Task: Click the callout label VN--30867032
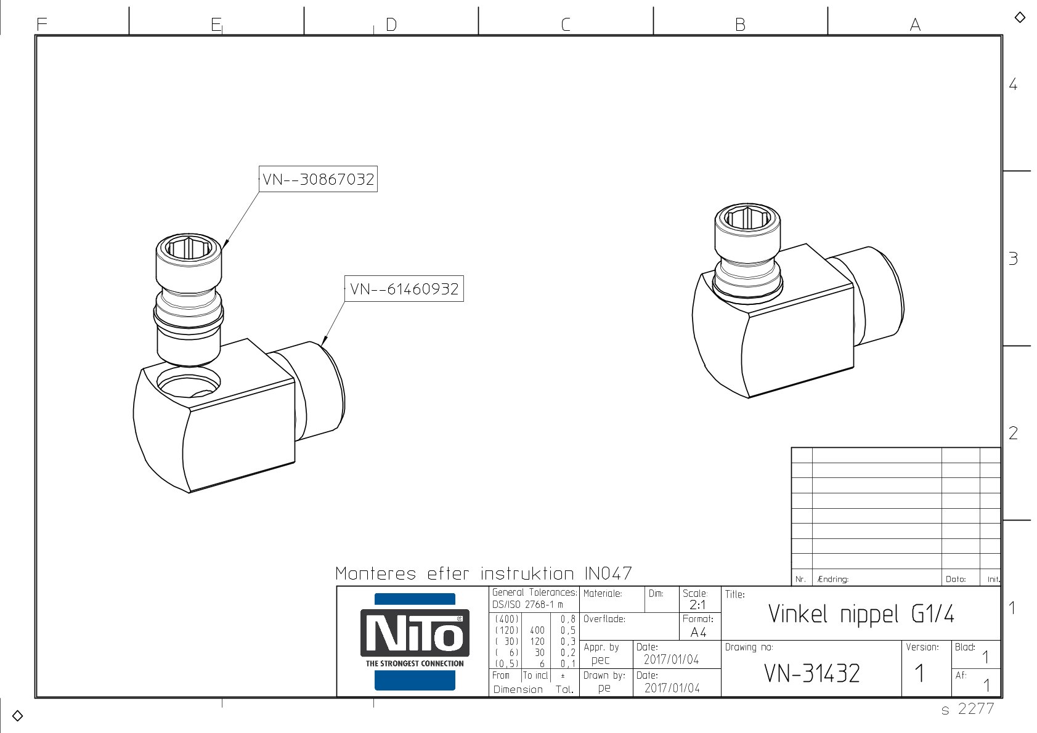click(318, 179)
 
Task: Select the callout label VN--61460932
click(404, 289)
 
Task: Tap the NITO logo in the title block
click(415, 641)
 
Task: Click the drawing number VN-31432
click(812, 673)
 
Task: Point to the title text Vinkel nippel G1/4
click(861, 614)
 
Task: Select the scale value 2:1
click(697, 605)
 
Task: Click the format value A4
click(698, 632)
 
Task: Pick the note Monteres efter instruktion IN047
click(484, 573)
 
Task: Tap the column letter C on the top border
click(565, 25)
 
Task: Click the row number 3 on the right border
click(1013, 258)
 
